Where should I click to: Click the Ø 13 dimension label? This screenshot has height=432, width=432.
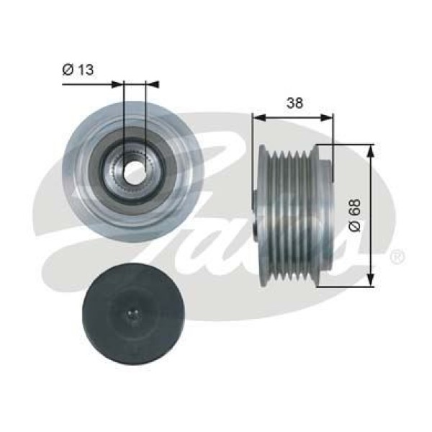[x=78, y=69]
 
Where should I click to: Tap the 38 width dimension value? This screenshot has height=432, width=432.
[x=293, y=103]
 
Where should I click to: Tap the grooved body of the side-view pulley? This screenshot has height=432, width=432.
[x=292, y=214]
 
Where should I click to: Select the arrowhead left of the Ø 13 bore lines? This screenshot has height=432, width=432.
[x=119, y=84]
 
